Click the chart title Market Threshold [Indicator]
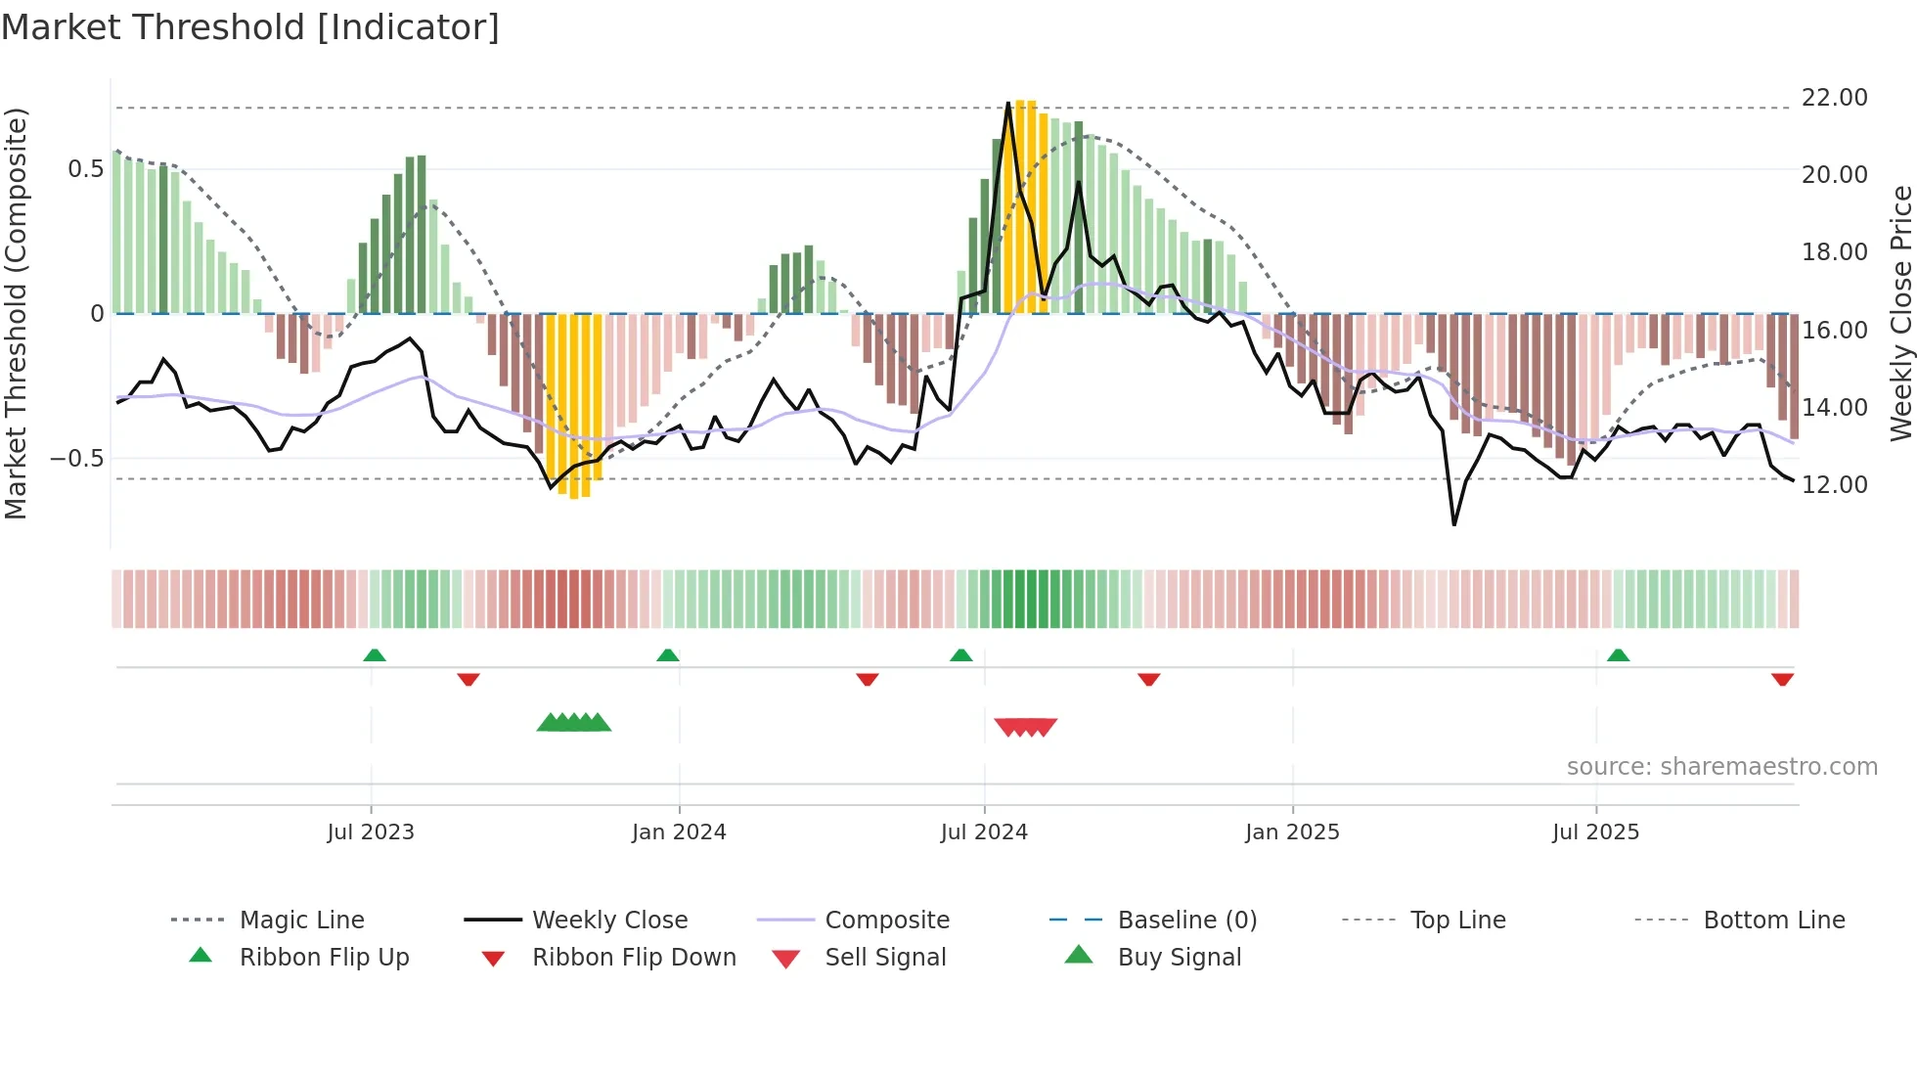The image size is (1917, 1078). (250, 27)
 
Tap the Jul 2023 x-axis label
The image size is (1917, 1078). (371, 832)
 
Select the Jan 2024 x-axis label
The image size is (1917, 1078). (679, 832)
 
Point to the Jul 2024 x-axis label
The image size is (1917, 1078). (984, 832)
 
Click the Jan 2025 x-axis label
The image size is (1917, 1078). (1292, 832)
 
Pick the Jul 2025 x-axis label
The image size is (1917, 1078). (1595, 832)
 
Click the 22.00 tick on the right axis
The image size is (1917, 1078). (1834, 98)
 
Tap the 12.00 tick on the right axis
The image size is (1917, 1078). (1834, 485)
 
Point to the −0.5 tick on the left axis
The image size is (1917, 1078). (77, 459)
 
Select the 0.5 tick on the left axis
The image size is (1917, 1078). (85, 169)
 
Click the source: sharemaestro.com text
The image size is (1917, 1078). (1721, 767)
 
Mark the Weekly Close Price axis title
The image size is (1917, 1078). (1900, 313)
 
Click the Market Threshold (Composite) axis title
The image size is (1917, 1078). (17, 313)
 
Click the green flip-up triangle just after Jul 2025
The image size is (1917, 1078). (1618, 655)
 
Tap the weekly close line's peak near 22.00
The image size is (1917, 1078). (1008, 103)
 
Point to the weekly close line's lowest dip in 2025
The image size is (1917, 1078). (1454, 525)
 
